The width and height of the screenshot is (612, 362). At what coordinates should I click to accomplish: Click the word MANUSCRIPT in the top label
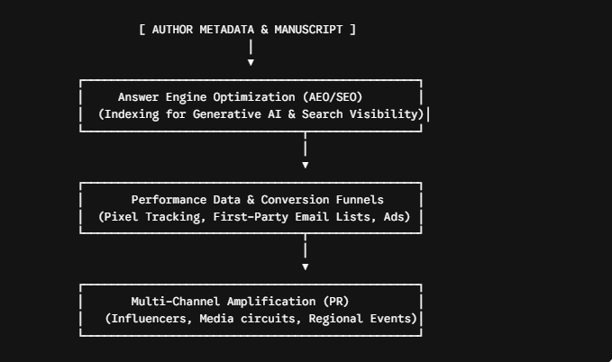308,30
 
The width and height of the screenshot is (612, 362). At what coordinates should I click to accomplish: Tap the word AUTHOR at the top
172,30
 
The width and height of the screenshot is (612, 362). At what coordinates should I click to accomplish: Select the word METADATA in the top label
227,30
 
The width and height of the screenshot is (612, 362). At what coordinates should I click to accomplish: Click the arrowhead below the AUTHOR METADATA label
251,62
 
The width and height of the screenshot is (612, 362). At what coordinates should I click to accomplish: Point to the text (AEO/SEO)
333,97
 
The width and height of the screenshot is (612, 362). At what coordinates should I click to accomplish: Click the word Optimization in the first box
253,97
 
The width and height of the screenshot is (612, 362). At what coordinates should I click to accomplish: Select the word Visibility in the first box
387,114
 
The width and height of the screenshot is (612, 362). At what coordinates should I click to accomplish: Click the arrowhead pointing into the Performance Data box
306,165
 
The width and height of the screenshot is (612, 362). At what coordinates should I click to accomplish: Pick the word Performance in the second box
169,200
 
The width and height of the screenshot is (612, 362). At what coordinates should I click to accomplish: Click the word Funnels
360,200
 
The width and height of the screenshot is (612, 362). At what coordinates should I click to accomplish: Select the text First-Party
251,217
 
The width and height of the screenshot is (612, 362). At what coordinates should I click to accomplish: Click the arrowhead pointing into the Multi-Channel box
306,267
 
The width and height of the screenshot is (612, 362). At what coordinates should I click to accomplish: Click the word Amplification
271,302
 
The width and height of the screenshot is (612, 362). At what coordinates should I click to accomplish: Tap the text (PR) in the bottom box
336,302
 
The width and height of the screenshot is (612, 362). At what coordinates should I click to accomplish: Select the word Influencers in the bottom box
149,319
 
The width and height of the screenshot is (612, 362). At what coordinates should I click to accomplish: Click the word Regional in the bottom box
335,319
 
